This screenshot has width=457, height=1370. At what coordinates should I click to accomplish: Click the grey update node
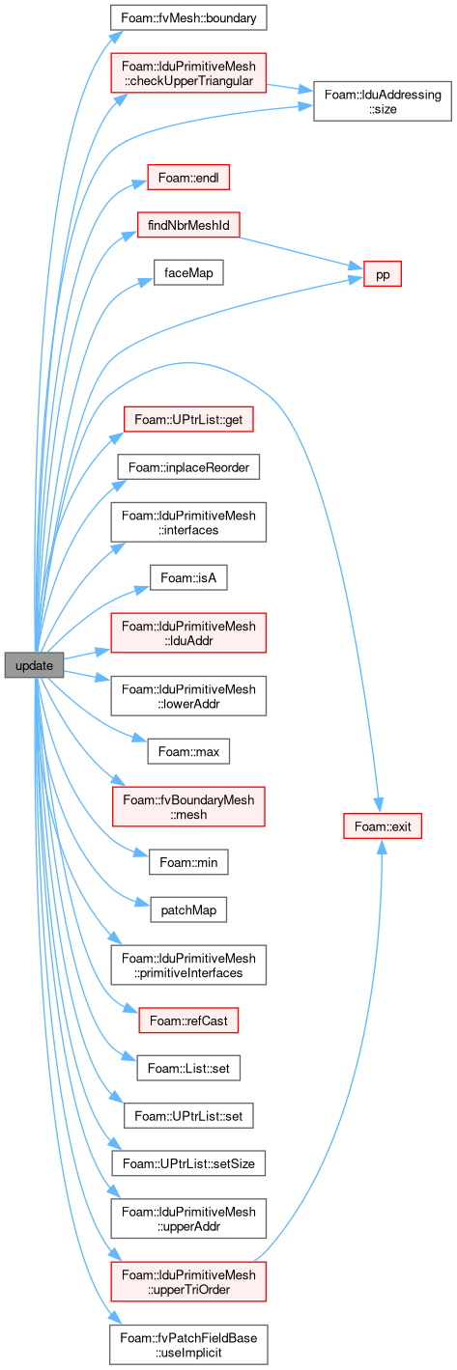[34, 665]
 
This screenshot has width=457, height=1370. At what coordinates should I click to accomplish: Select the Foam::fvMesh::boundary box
[188, 17]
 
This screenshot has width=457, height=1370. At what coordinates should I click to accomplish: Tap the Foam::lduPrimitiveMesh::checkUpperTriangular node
[188, 73]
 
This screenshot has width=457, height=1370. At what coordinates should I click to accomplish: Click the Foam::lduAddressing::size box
[383, 101]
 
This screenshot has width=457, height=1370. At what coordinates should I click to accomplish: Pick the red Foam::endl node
[188, 178]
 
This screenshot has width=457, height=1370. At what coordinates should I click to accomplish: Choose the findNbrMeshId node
[188, 225]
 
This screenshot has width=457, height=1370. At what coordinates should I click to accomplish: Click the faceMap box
[188, 273]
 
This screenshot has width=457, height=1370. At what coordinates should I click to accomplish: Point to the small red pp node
[383, 274]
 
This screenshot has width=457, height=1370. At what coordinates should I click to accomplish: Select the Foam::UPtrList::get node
[188, 420]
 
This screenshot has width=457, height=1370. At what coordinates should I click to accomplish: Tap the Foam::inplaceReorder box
[188, 467]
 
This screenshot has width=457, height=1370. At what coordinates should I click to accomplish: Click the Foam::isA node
[188, 577]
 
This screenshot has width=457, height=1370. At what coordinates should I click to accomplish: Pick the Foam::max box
[188, 751]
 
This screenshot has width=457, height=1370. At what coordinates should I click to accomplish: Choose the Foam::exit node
[383, 825]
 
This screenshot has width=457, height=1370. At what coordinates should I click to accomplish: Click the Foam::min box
[188, 862]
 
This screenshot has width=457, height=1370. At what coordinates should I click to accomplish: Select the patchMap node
[188, 909]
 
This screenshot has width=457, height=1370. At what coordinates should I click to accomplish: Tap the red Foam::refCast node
[188, 1021]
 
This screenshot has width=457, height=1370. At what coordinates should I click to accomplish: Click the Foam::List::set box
[188, 1068]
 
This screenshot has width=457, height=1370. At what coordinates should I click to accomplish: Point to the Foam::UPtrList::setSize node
[188, 1162]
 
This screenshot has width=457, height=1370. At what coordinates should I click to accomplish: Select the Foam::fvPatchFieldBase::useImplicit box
[188, 1345]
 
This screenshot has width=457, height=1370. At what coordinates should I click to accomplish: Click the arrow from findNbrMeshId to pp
[301, 253]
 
